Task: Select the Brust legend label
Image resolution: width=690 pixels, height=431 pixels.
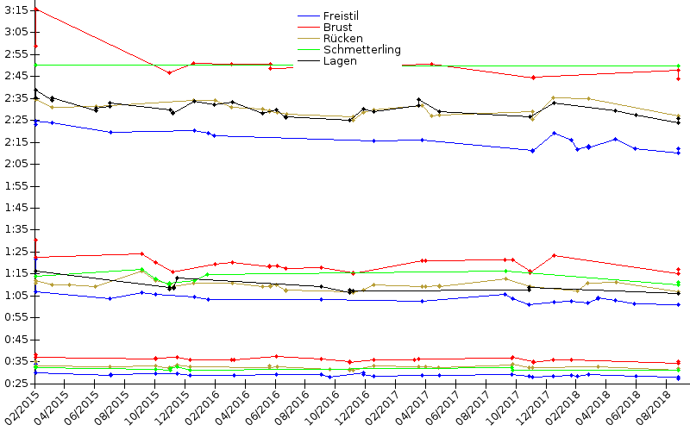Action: coord(337,28)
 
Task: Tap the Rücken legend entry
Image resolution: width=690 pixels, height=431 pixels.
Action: coord(342,39)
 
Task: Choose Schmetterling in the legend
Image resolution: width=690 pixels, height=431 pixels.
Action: coord(361,50)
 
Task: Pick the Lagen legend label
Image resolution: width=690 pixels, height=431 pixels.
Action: coord(340,61)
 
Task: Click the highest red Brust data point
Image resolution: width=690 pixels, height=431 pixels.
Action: coord(35,9)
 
